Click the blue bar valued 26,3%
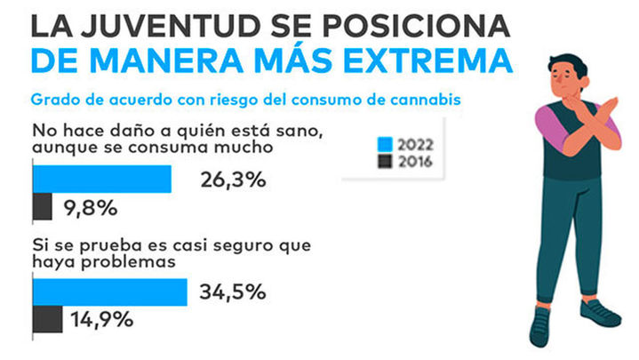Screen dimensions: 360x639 [101, 180]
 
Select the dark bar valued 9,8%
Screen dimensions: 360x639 [43, 208]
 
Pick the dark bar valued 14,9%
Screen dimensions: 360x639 [47, 319]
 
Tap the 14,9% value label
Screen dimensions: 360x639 [100, 319]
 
